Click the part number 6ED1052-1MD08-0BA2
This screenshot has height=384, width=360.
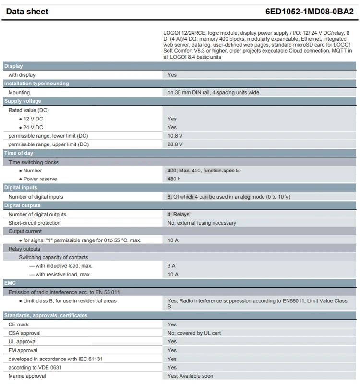point(309,12)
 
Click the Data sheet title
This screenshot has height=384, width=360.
point(27,12)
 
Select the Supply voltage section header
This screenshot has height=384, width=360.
point(23,101)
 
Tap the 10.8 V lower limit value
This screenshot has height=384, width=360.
point(175,136)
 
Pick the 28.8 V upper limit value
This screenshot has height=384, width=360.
point(175,144)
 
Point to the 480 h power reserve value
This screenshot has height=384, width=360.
point(174,179)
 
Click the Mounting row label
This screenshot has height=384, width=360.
point(19,92)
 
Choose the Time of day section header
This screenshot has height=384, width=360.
point(19,153)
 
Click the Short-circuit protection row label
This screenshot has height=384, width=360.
point(35,223)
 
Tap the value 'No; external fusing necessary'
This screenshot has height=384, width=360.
point(202,223)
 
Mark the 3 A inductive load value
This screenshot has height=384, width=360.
point(172,266)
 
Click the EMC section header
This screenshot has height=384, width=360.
point(10,283)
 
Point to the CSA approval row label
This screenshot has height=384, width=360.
point(24,333)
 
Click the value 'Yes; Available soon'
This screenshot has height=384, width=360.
point(190,376)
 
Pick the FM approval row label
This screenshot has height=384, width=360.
point(23,350)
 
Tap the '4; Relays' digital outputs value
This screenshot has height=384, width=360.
point(178,214)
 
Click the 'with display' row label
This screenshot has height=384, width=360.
point(22,75)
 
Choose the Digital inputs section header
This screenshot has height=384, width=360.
point(21,188)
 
